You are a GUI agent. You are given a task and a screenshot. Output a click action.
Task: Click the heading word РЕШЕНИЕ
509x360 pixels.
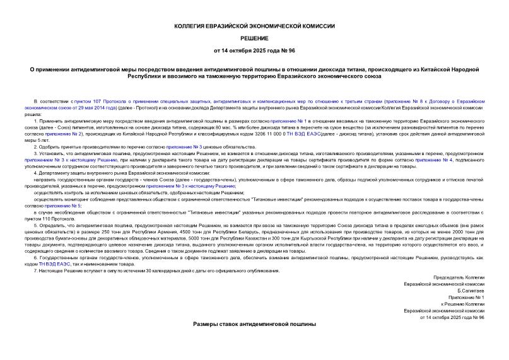point(254,37)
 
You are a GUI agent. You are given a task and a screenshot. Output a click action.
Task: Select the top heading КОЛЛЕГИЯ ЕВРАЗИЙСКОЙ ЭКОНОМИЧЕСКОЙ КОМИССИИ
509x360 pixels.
point(254,26)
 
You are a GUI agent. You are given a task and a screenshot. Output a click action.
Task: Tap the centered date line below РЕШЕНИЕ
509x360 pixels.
point(254,49)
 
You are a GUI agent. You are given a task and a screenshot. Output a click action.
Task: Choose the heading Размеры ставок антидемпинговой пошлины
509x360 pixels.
point(254,323)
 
